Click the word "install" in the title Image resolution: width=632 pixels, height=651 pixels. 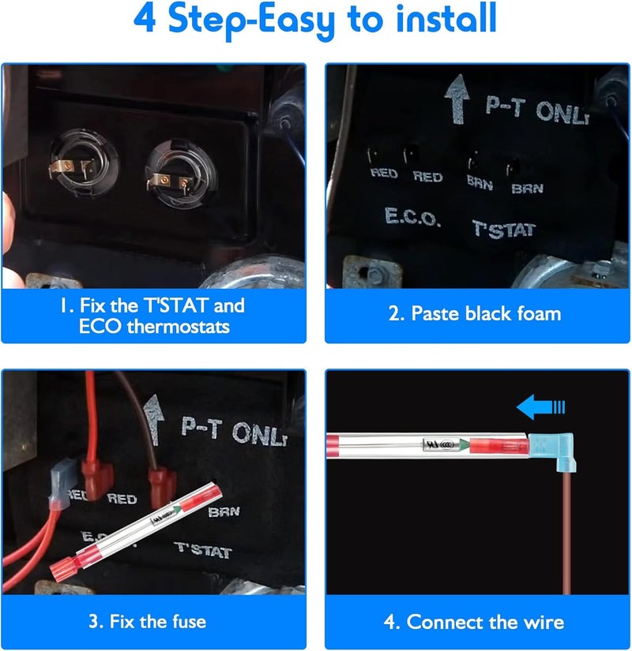click(x=446, y=19)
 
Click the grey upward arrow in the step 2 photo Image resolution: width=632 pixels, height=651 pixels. click(x=457, y=99)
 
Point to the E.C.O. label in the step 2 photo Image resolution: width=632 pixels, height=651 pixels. click(x=412, y=217)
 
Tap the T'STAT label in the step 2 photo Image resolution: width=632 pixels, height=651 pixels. click(x=504, y=230)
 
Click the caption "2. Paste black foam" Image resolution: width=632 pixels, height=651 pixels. click(x=475, y=313)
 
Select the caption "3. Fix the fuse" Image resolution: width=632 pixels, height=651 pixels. click(x=148, y=622)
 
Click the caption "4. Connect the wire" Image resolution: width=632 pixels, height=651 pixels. click(x=474, y=622)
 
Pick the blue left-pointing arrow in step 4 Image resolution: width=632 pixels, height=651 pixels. click(x=540, y=407)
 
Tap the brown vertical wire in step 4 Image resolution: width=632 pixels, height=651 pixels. click(x=566, y=534)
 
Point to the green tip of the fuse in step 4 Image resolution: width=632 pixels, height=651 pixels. click(x=465, y=446)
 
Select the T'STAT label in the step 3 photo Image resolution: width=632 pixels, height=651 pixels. click(x=203, y=550)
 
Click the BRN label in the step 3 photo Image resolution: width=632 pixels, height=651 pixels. click(x=224, y=511)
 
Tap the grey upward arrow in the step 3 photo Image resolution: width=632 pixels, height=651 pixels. click(x=153, y=420)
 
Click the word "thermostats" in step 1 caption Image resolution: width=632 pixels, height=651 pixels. click(x=178, y=327)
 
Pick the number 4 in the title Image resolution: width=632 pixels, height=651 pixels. click(x=145, y=19)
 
